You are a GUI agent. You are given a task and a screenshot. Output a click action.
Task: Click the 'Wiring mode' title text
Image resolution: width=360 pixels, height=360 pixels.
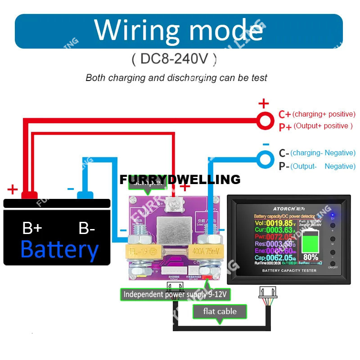tap(179, 30)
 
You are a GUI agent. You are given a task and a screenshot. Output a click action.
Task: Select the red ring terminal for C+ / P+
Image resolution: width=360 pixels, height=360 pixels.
tap(265, 120)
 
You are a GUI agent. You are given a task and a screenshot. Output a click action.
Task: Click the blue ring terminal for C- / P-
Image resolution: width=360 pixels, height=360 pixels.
tap(265, 158)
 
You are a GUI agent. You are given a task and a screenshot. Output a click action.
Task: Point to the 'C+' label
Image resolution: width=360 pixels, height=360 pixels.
tap(284, 114)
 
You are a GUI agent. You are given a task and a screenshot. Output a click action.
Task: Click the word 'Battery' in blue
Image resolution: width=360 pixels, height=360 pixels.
tap(59, 249)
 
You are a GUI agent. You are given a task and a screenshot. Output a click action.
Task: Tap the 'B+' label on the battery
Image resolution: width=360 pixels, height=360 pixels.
tap(32, 228)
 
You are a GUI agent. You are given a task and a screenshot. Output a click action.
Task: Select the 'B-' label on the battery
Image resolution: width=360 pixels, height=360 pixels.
tap(86, 228)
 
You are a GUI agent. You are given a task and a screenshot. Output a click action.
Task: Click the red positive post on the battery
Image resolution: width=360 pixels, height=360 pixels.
tap(29, 195)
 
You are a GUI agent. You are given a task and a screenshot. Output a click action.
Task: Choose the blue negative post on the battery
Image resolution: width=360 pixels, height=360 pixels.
tap(85, 195)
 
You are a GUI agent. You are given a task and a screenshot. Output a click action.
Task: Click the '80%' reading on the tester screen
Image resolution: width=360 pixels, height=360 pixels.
tap(310, 257)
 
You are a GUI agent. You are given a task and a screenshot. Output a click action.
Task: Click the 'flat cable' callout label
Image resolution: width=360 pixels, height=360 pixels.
tap(220, 311)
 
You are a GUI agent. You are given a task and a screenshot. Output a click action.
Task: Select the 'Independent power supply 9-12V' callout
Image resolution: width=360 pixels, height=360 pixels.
tap(177, 294)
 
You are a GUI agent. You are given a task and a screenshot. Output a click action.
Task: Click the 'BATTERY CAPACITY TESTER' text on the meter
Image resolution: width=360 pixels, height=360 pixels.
tap(289, 270)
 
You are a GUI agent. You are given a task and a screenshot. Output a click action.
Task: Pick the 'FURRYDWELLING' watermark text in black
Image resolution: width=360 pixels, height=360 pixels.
tap(180, 179)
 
